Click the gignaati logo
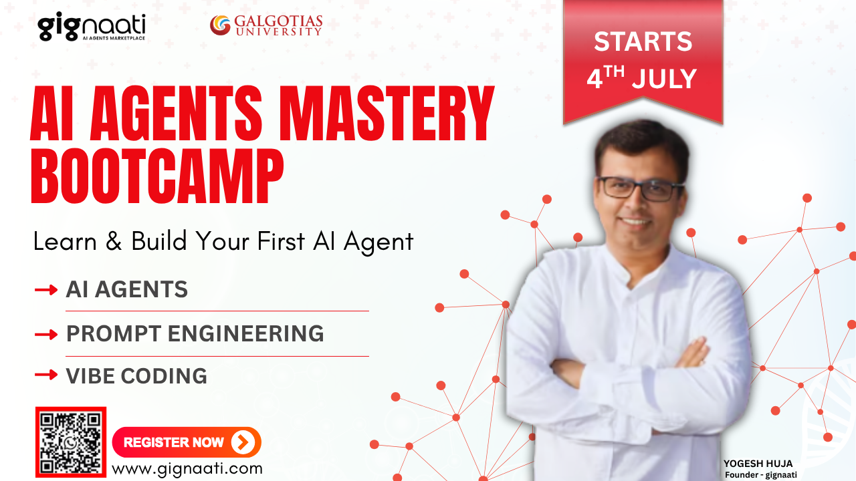92,26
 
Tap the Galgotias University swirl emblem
220,25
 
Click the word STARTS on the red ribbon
643,41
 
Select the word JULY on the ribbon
664,79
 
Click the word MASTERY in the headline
387,113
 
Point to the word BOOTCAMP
157,176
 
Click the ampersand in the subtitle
114,241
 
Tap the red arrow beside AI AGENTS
46,290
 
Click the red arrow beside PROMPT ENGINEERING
46,335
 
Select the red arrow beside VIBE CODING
46,375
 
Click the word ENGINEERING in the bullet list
245,333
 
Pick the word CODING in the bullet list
164,375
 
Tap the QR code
71,442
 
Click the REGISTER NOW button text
173,442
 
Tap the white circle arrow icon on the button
243,442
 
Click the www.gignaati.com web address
187,469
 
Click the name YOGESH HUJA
758,464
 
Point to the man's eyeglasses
640,189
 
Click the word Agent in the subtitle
379,243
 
